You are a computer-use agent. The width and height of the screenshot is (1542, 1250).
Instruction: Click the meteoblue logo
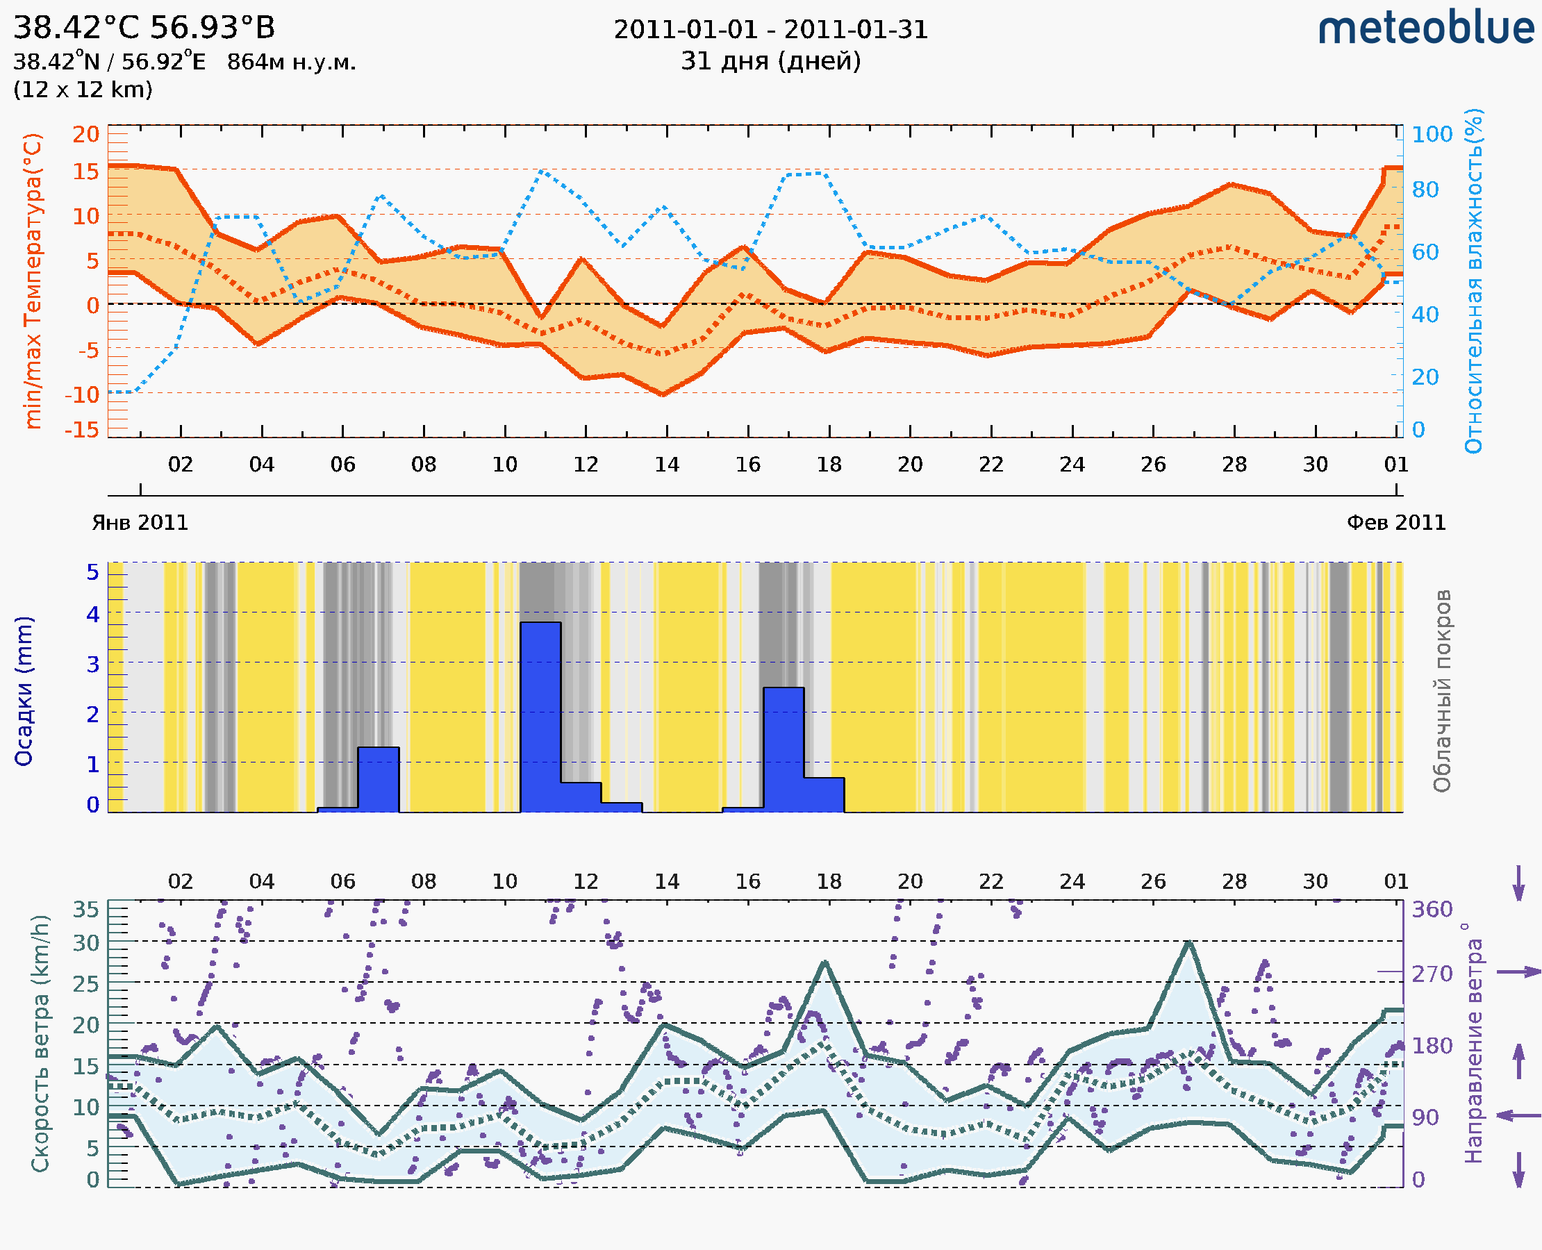pos(1426,28)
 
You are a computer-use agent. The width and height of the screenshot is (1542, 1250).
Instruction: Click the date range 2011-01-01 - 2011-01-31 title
pos(770,30)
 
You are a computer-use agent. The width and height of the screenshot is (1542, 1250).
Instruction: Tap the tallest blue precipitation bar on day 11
pos(540,717)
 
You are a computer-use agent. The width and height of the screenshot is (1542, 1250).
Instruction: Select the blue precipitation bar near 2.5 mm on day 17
pos(784,749)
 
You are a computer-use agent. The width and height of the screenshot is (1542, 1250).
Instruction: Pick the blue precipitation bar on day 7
pos(378,780)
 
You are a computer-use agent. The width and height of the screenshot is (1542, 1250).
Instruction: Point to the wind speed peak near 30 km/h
pos(1188,942)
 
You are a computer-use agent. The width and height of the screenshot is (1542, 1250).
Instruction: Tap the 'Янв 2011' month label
pos(140,522)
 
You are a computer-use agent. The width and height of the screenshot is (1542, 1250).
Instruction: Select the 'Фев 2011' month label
pos(1396,522)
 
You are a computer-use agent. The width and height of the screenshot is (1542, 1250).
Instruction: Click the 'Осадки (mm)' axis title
pos(24,691)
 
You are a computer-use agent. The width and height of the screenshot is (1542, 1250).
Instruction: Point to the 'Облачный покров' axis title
pos(1442,691)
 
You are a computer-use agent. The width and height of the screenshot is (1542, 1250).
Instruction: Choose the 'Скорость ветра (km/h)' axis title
pos(40,1043)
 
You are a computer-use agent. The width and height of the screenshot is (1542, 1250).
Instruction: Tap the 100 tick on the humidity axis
pos(1432,135)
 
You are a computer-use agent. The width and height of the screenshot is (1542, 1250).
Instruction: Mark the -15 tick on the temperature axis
pos(81,430)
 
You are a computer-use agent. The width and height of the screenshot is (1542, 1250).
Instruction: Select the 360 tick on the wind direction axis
pos(1432,910)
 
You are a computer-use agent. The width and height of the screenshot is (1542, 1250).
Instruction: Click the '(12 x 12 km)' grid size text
pos(83,90)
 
